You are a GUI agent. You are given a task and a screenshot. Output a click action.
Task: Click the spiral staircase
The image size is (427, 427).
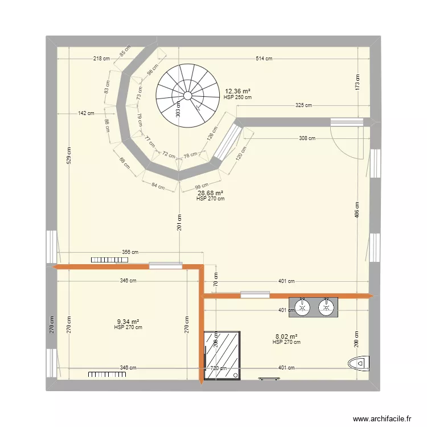coord(188,95)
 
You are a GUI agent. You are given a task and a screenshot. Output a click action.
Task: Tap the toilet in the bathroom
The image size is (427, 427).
coord(360,362)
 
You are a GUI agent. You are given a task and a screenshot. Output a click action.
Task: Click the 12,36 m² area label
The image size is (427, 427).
coord(238,91)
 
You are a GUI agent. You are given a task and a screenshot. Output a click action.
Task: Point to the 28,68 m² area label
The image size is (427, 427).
coord(210,194)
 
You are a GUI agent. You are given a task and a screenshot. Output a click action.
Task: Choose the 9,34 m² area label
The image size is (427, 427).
coord(128,322)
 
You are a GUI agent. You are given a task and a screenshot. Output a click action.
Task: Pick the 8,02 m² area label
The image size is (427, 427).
coord(286,336)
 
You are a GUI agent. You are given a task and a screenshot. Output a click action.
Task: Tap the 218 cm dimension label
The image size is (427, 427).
coord(102,58)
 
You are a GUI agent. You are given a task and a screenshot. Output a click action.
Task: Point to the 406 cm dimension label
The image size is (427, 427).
coord(358,210)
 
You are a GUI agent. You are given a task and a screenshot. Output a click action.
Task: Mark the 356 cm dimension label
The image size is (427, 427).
coord(130,252)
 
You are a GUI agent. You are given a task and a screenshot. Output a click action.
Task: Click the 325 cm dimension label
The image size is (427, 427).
coord(303,105)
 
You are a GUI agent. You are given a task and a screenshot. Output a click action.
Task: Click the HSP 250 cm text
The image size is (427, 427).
coord(238,97)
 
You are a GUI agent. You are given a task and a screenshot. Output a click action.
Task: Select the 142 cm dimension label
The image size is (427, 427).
coord(87,113)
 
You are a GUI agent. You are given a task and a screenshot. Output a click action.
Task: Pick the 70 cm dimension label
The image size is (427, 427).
coord(216,281)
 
